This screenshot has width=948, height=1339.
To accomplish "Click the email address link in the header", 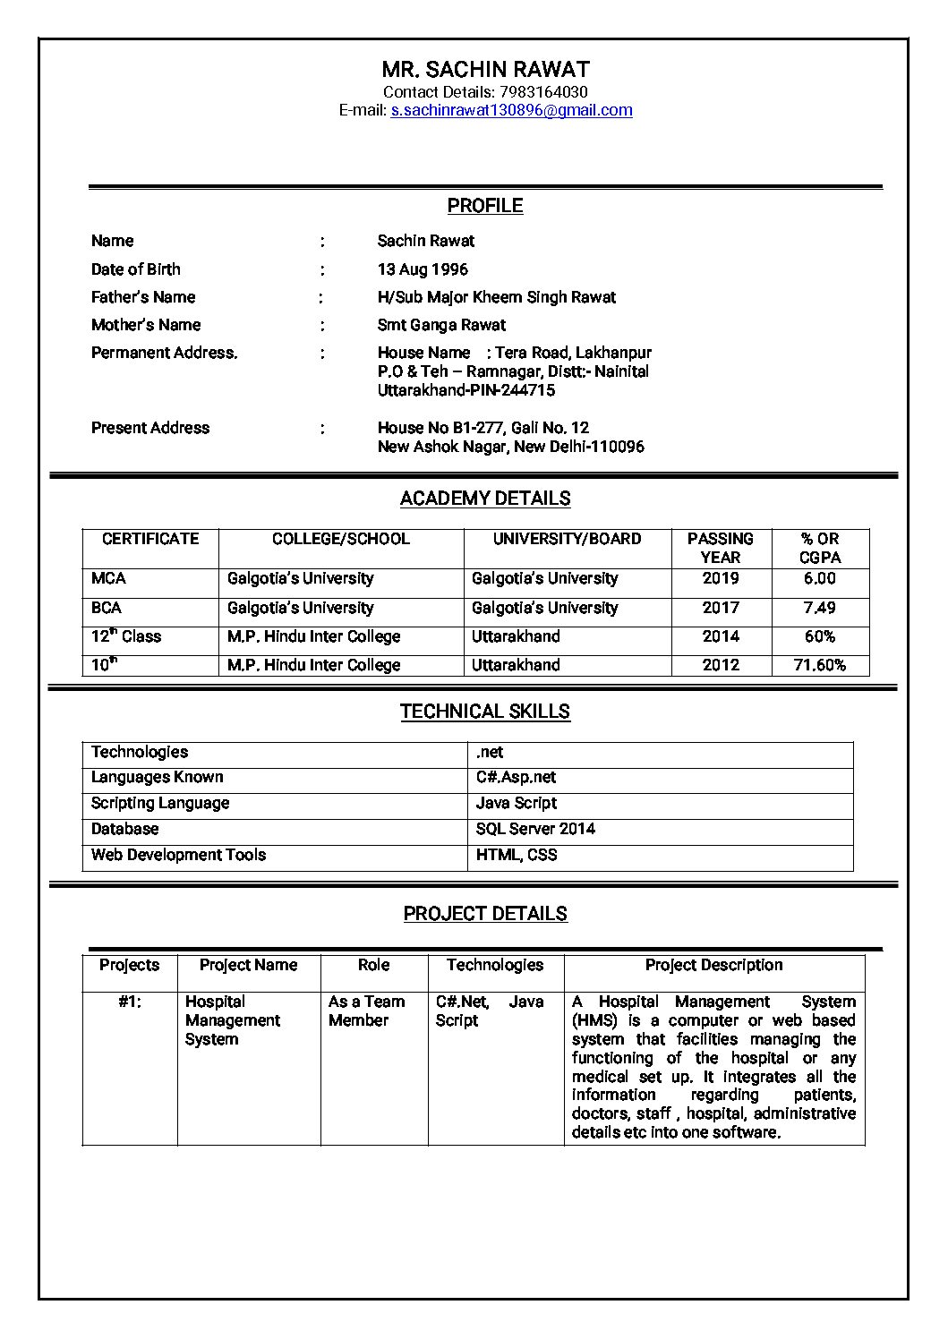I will [511, 110].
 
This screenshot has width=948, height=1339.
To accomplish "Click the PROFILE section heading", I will [485, 206].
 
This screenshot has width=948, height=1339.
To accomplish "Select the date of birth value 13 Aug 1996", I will [423, 269].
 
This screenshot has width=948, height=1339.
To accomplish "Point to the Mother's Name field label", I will [146, 325].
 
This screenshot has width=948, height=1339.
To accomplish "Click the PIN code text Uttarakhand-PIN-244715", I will [466, 390].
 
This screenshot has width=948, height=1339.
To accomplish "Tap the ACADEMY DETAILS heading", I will [485, 499].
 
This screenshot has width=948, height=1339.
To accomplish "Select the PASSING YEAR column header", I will [721, 548].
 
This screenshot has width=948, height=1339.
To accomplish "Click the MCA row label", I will [108, 578].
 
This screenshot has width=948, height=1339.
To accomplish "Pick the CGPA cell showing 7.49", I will [819, 608].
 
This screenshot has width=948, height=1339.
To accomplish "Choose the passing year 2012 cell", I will [721, 665].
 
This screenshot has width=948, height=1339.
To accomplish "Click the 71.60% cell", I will [819, 665].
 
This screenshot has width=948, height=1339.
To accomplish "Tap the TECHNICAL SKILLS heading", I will [485, 712].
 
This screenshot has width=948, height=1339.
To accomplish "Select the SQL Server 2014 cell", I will [535, 829].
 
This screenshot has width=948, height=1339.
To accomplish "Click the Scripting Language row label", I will [160, 803].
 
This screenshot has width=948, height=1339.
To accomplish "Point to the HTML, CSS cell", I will [517, 855].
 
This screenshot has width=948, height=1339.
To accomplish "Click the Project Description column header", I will [713, 965].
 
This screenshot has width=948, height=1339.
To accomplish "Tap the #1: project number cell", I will [130, 1002].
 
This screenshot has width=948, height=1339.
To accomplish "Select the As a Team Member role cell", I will [366, 1011].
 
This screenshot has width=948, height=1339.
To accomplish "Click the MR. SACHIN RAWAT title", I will [485, 69].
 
